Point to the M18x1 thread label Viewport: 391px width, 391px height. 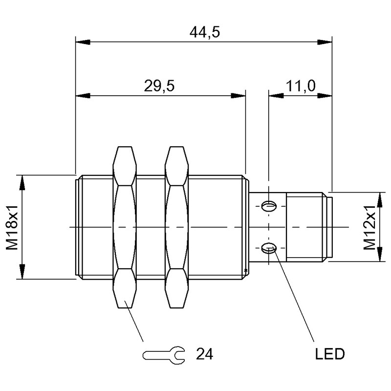click(x=13, y=227)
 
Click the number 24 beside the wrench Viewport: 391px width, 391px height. click(x=205, y=353)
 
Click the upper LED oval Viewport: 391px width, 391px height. click(x=268, y=206)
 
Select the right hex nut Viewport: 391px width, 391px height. click(x=176, y=227)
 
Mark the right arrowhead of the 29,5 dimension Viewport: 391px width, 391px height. click(x=239, y=96)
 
